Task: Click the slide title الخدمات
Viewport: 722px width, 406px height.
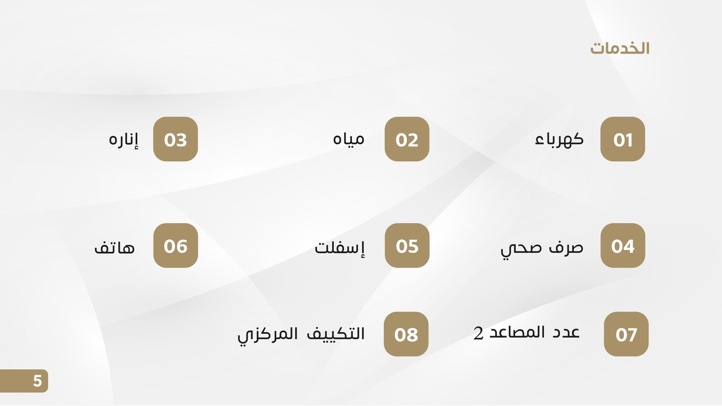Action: [x=619, y=49]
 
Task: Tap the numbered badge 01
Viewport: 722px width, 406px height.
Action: [x=623, y=140]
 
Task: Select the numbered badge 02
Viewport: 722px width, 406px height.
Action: [x=407, y=140]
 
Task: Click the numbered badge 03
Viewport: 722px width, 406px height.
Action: [x=176, y=140]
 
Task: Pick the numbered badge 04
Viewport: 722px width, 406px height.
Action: [x=623, y=245]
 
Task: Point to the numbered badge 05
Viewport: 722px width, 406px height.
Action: [x=407, y=245]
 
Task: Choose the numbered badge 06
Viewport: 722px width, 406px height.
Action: [x=176, y=245]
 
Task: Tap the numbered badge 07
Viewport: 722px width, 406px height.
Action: [x=626, y=334]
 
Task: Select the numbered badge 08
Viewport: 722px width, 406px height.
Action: [x=406, y=334]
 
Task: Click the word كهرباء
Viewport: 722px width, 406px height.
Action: [x=559, y=140]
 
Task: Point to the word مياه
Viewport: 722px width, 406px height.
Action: [x=349, y=140]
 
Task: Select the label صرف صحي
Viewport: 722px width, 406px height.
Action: [x=541, y=248]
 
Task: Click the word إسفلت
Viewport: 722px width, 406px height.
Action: [x=341, y=247]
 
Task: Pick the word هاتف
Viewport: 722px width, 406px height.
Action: [x=114, y=247]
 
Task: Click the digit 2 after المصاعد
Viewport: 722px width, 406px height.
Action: [x=478, y=334]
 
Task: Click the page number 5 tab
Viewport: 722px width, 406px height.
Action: [x=37, y=381]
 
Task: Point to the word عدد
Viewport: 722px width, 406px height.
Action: [x=566, y=332]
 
